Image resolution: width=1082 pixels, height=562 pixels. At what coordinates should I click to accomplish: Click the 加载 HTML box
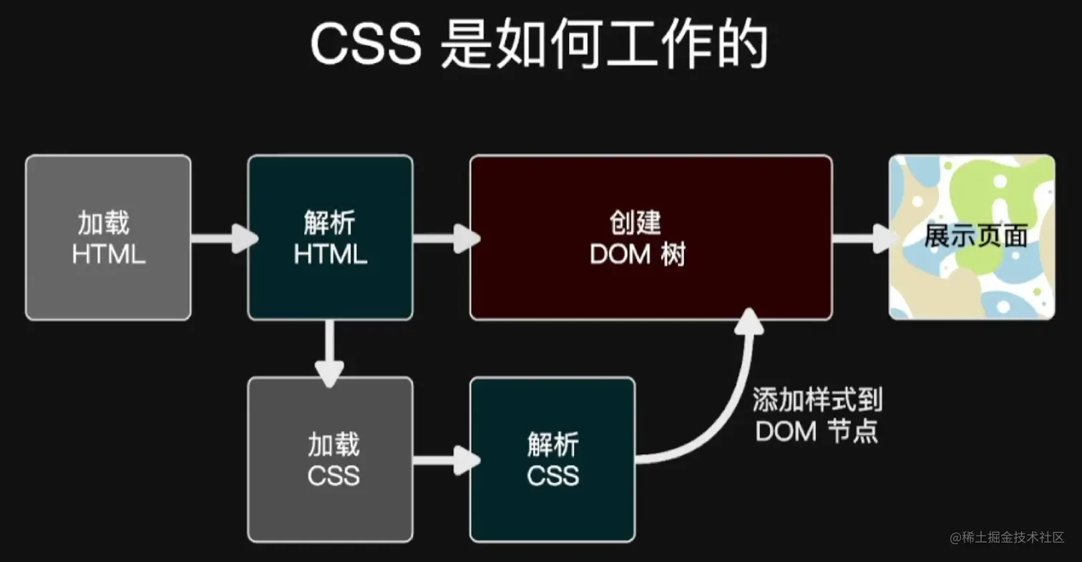coord(108,238)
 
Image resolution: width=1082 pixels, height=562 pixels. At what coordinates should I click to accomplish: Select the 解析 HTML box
coord(330,238)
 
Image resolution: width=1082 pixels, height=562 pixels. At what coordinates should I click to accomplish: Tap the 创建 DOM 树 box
coord(650,238)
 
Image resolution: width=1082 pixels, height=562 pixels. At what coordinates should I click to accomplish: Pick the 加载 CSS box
coord(330,460)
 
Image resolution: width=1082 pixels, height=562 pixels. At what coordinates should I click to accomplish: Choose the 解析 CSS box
coord(552,460)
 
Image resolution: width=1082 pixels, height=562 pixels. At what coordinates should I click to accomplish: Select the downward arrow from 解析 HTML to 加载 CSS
coord(330,352)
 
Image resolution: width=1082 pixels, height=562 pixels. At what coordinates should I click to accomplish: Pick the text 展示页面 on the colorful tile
coord(975,236)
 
